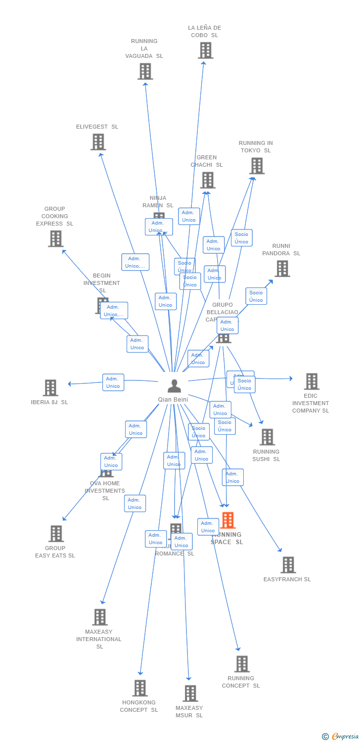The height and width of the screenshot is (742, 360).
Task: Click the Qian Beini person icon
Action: tap(174, 386)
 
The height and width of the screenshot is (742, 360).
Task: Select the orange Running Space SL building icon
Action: tap(227, 520)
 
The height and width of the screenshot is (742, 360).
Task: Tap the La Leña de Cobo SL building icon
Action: tap(205, 50)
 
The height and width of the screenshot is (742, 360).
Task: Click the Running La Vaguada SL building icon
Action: tap(145, 71)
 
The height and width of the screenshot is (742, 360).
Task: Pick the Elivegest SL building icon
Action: tap(98, 142)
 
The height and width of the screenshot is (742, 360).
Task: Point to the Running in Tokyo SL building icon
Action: tap(257, 166)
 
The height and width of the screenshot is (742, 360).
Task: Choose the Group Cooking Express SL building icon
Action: tap(55, 238)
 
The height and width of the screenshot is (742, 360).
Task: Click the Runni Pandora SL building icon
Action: tap(282, 269)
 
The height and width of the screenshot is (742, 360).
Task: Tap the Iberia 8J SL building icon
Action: tap(50, 388)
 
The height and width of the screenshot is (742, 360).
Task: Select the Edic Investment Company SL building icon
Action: tap(312, 381)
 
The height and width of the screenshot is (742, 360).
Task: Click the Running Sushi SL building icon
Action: tap(267, 437)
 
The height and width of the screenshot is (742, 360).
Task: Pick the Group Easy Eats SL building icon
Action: tap(56, 534)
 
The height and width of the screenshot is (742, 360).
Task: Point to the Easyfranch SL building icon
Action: tap(288, 565)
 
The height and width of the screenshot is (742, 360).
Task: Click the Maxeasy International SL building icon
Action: tap(100, 617)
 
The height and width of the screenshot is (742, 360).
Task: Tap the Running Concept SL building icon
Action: tap(242, 664)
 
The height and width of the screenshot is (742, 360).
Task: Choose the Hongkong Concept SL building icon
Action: tap(140, 688)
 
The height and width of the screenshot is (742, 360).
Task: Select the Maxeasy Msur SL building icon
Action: tap(190, 694)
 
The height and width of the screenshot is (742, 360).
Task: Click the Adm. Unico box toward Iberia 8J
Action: tap(113, 382)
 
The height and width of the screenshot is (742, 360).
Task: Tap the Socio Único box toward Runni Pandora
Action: tap(256, 296)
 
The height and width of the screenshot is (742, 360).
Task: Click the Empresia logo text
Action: tap(345, 737)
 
